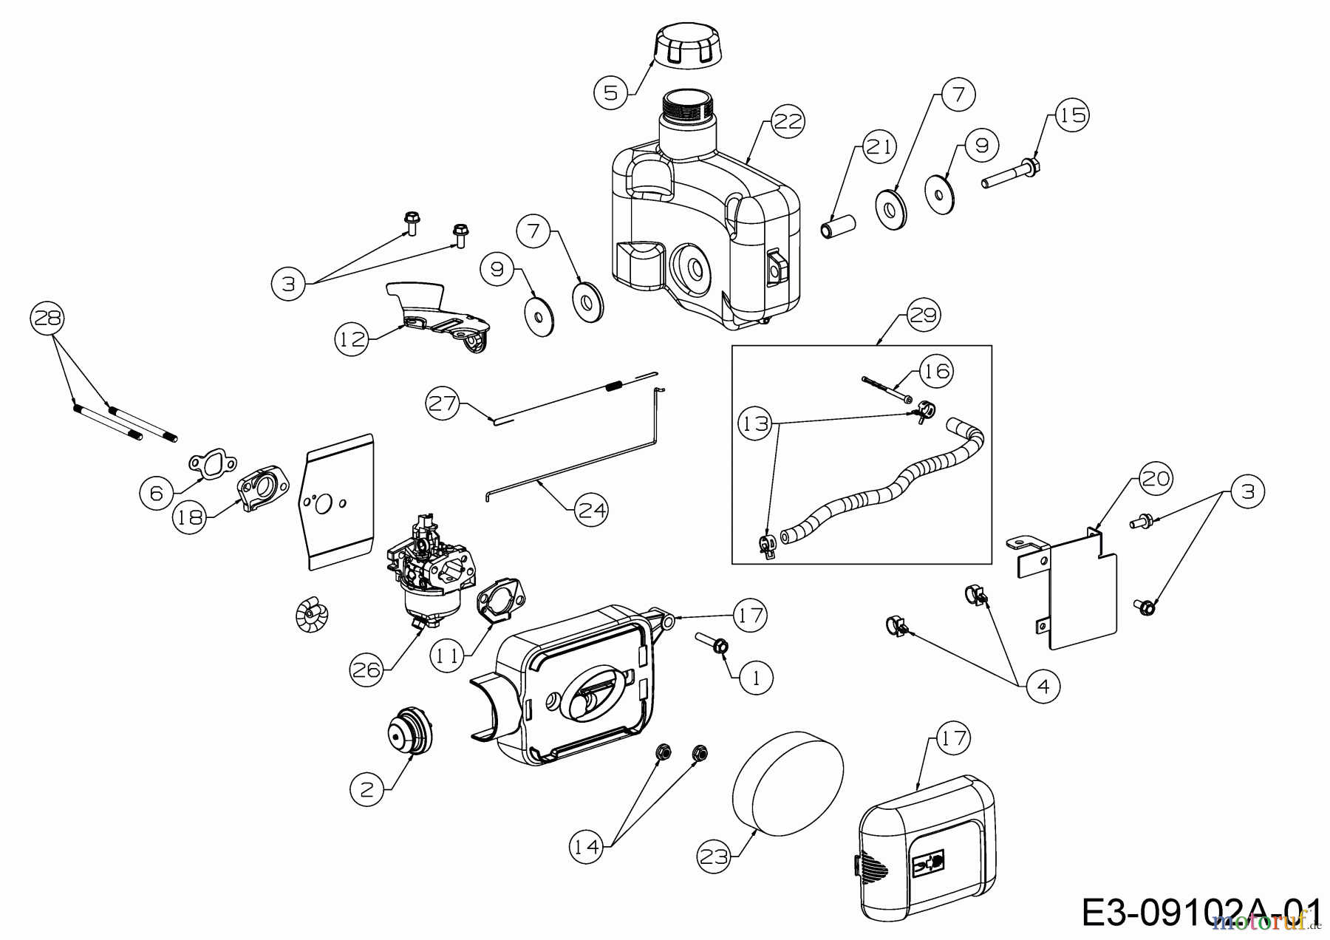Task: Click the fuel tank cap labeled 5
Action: pyautogui.click(x=686, y=47)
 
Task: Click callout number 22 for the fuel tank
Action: pyautogui.click(x=788, y=121)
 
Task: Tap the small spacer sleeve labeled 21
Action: pyautogui.click(x=839, y=225)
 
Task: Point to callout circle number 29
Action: pyautogui.click(x=923, y=315)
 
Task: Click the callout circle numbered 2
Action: pyautogui.click(x=367, y=789)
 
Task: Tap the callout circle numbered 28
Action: pyautogui.click(x=47, y=319)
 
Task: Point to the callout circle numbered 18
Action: pyautogui.click(x=190, y=517)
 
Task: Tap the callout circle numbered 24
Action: pyautogui.click(x=591, y=509)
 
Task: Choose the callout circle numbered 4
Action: pyautogui.click(x=1043, y=687)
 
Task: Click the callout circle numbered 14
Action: pyautogui.click(x=587, y=846)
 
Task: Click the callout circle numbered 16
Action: pyautogui.click(x=936, y=370)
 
